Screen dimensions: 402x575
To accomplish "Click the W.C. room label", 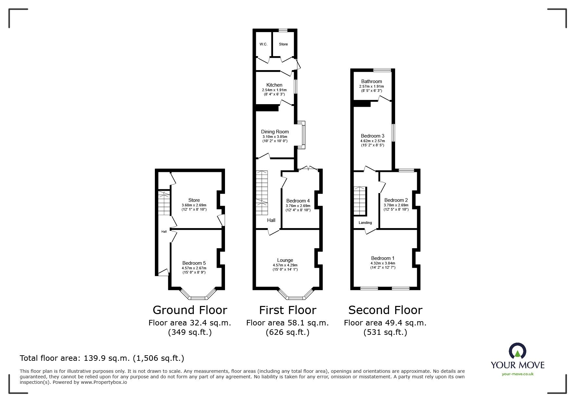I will point(263,44).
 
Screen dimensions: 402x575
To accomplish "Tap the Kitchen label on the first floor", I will point(274,85).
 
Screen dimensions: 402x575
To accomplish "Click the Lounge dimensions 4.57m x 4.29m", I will point(285,265).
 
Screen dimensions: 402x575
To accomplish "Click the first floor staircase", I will point(261,192).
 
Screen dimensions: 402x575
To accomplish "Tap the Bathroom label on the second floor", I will point(371,81).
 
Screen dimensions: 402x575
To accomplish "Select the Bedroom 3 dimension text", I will point(372,141).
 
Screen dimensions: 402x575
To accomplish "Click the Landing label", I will point(365,223).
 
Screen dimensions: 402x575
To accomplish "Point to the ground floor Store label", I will point(194,200).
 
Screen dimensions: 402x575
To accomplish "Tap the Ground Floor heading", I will point(190,310).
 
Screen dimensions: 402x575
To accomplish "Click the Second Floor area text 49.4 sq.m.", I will point(385,323).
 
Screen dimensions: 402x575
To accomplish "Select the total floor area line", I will point(102,358).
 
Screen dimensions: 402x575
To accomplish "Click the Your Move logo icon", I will point(517,351).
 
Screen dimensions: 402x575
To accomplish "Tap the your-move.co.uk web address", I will point(518,374).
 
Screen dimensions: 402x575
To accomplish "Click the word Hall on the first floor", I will point(271,220).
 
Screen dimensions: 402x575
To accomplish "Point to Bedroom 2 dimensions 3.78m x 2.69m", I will point(396,205).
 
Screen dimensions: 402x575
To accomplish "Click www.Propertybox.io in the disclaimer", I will point(104,382).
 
